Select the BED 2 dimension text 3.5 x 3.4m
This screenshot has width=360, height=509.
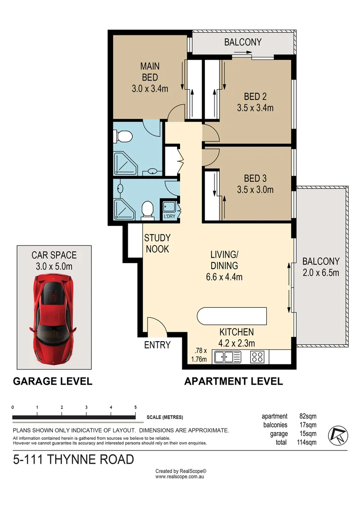coord(255,107)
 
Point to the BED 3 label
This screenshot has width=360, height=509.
coord(255,179)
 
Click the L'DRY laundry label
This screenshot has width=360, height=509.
coord(169,216)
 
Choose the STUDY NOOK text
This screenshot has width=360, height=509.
coord(157,243)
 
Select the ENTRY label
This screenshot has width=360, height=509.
coord(157,345)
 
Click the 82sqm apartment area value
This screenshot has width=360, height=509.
coord(308,416)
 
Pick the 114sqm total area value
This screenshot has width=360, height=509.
coord(306,442)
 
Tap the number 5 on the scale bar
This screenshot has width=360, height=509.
coord(136,407)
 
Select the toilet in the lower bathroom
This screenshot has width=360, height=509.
coord(147,210)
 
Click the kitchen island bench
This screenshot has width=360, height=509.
coord(231,316)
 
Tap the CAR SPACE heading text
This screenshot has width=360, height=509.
coord(54,255)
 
